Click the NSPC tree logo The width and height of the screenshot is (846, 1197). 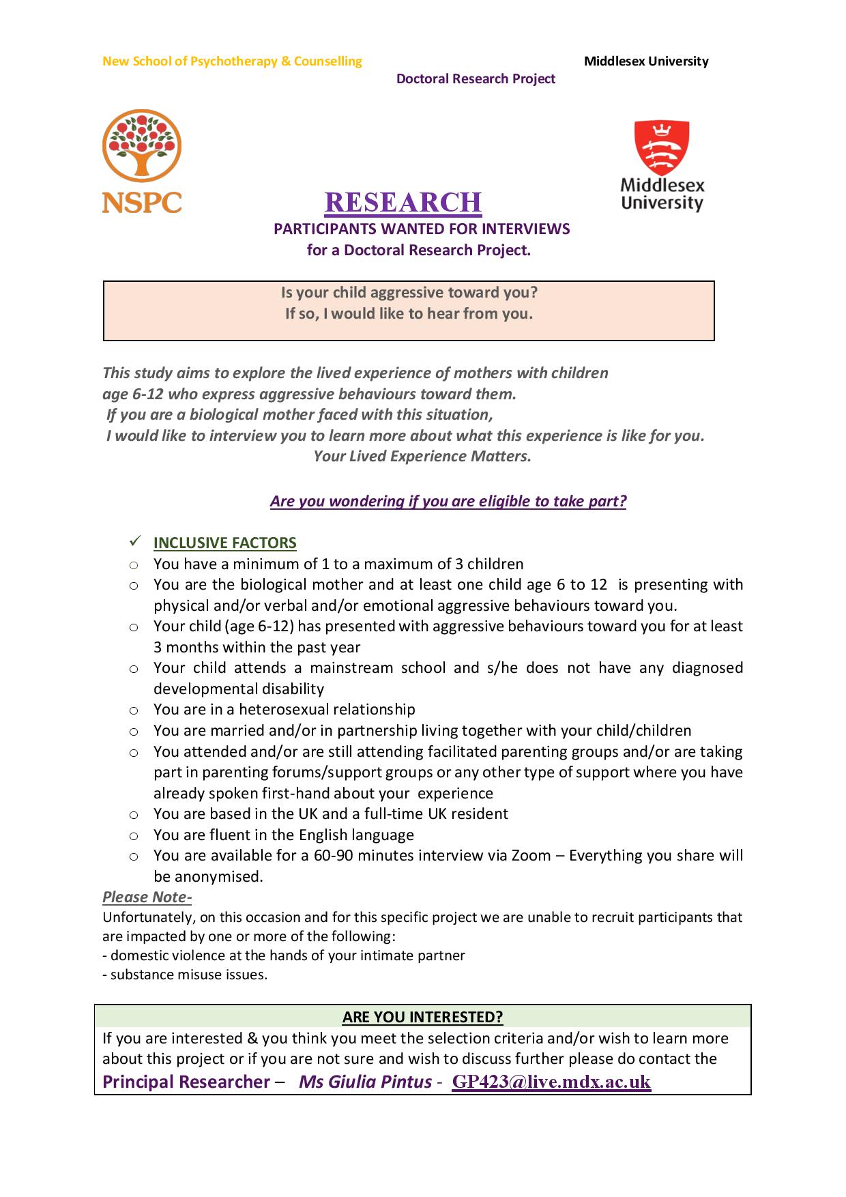pos(142,147)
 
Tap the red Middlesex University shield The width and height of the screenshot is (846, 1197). pos(661,148)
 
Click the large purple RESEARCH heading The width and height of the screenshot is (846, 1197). pos(403,202)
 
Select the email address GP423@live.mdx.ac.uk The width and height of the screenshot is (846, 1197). pos(551,1082)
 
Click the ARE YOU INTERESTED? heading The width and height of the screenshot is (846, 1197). pos(422,1017)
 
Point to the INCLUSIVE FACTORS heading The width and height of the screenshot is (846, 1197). pos(224,543)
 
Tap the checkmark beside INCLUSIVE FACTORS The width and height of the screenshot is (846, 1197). pos(134,542)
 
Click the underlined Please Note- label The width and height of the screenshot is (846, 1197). pos(147,897)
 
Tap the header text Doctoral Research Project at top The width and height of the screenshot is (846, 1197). pos(476,78)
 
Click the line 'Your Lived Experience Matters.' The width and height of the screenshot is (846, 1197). pos(422,457)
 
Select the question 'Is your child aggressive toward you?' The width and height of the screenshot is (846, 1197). pos(409,293)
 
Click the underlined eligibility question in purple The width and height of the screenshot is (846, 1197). pos(448,501)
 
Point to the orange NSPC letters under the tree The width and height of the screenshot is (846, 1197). pos(142,201)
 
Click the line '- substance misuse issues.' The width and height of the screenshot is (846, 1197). pos(185,975)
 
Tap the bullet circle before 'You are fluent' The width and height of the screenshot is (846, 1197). pos(134,835)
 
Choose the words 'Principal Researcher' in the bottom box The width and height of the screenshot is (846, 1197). pos(186,1082)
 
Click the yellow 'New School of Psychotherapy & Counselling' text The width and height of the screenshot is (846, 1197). pos(232,61)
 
